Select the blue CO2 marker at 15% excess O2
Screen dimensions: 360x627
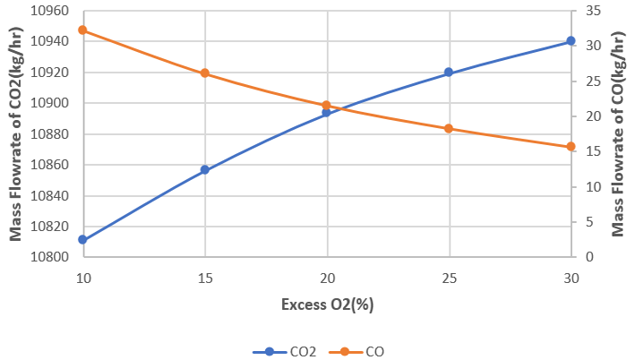point(205,169)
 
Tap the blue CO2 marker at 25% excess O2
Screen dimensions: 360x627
point(449,73)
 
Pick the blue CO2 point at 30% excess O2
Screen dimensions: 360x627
point(571,41)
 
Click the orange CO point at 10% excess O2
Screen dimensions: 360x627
point(82,30)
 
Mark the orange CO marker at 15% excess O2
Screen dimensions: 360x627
point(205,73)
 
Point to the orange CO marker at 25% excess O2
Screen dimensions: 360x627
point(449,129)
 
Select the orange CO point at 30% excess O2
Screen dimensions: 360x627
point(571,147)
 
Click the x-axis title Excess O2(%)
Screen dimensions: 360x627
point(327,304)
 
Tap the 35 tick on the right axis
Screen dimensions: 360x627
point(590,11)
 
